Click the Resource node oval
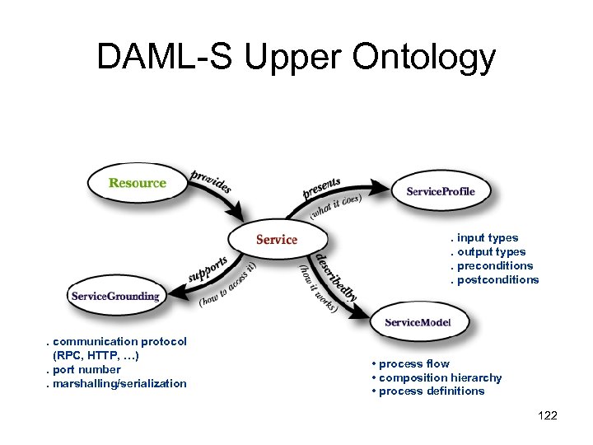pyautogui.click(x=137, y=183)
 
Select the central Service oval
pyautogui.click(x=277, y=239)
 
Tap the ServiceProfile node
pyautogui.click(x=440, y=191)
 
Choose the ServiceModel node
pyautogui.click(x=418, y=321)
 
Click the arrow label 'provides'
pyautogui.click(x=211, y=180)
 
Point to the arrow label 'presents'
pyautogui.click(x=321, y=188)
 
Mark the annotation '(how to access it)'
pyautogui.click(x=227, y=285)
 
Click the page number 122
pyautogui.click(x=547, y=415)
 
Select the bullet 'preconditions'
pyautogui.click(x=493, y=265)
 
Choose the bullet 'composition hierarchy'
pyautogui.click(x=440, y=377)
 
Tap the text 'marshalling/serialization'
pyautogui.click(x=119, y=383)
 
